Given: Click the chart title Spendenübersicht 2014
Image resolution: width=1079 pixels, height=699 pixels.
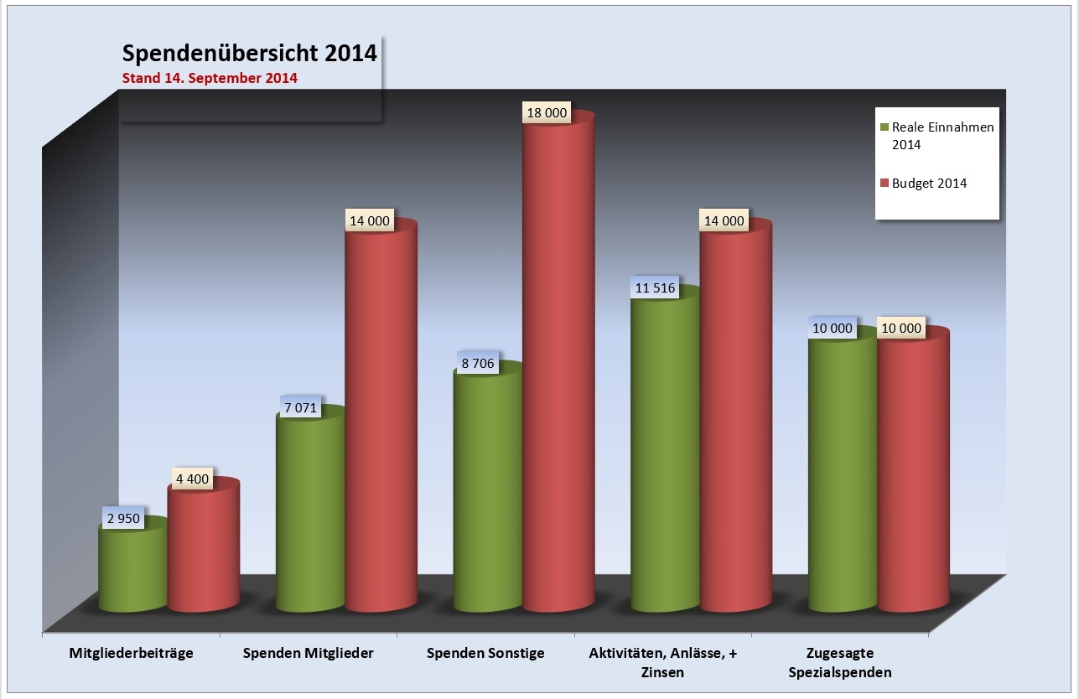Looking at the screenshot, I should [249, 54].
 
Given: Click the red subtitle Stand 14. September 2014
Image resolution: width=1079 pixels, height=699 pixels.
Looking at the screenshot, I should [210, 79].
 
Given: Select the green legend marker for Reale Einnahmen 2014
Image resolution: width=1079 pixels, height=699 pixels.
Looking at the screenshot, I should [884, 127].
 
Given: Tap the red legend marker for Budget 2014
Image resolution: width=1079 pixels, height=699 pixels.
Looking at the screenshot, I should [884, 183].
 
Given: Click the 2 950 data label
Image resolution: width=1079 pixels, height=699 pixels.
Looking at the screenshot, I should [123, 518].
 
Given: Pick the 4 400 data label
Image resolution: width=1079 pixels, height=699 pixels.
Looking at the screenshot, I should [192, 482].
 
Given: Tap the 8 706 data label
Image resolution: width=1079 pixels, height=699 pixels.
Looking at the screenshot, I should [477, 364].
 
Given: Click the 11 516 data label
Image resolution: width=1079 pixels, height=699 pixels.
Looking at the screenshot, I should [655, 287].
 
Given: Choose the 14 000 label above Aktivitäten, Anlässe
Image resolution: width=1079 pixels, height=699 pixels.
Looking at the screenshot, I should [723, 220].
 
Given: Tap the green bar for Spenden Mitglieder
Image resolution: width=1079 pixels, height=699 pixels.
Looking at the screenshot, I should [310, 511].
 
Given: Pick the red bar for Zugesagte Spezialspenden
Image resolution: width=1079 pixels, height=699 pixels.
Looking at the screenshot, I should [913, 469].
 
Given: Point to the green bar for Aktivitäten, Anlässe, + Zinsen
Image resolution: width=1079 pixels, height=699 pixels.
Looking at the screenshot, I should [665, 453].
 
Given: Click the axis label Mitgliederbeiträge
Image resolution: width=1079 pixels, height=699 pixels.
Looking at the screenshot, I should [132, 654].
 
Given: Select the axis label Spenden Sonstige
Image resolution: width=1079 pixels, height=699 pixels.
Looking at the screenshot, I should [485, 654].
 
